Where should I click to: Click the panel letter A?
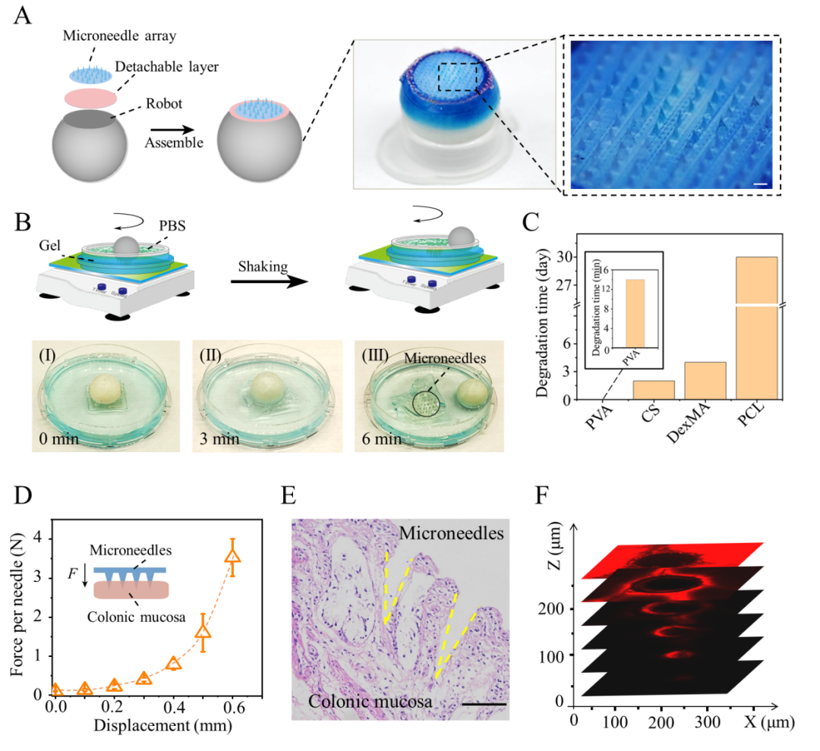click(x=23, y=17)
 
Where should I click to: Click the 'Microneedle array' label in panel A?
click(x=121, y=36)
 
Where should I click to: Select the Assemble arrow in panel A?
click(x=172, y=127)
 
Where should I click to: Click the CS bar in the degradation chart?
click(x=654, y=389)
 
